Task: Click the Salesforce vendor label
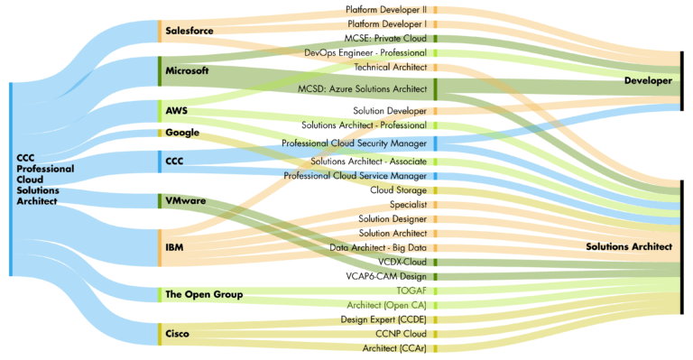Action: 189,31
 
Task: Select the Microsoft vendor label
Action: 187,70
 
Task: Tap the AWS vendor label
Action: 177,111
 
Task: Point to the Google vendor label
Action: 182,133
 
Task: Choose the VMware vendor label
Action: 186,200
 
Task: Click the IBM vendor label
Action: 175,246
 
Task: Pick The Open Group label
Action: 204,294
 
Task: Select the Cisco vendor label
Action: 177,334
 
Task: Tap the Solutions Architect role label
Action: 629,246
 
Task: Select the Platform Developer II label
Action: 386,9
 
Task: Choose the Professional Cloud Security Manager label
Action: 354,143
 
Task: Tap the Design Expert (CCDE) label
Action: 383,319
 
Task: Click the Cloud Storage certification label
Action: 398,189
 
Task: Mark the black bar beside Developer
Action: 682,81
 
